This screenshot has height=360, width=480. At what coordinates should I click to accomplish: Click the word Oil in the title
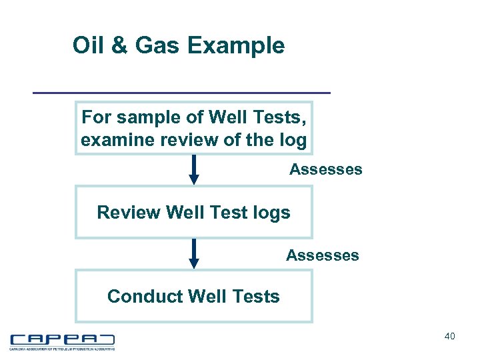coord(87,46)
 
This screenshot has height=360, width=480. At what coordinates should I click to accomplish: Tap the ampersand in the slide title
coord(118,46)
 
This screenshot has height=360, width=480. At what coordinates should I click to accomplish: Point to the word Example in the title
coord(236,46)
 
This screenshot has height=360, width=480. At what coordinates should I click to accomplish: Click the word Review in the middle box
coord(129,213)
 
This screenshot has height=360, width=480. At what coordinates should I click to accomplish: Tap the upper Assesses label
coord(325,169)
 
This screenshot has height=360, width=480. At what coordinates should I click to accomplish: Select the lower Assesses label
coord(322,255)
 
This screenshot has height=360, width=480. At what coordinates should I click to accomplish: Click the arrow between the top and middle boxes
coord(194,169)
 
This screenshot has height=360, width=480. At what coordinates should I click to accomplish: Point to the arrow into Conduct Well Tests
coord(194,253)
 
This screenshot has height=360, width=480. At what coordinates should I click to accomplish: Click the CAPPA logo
coord(62,341)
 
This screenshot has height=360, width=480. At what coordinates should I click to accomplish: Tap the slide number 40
coord(449,337)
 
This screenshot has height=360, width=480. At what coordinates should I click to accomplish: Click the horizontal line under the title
coord(182,92)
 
